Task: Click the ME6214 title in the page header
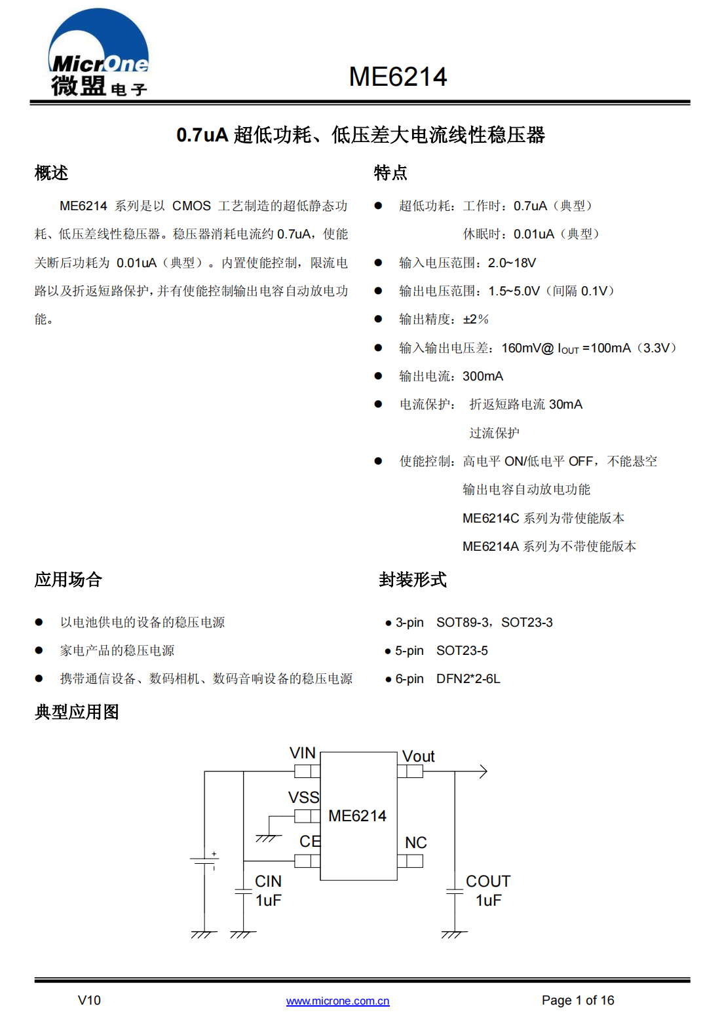[398, 77]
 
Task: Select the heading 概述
[51, 173]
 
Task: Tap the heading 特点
[390, 173]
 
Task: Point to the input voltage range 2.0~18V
[512, 263]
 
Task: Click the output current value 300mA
[483, 377]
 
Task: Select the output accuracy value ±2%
[476, 320]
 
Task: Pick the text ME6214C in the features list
[491, 518]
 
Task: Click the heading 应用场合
[68, 580]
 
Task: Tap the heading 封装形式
[413, 580]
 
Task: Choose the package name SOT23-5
[462, 650]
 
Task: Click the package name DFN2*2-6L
[468, 678]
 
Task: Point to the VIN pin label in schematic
[303, 753]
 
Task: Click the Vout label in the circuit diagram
[418, 756]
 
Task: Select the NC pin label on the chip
[415, 842]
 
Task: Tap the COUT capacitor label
[488, 881]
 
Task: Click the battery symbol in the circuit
[204, 861]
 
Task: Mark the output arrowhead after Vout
[484, 771]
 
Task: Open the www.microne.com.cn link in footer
[337, 1001]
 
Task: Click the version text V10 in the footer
[89, 1001]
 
